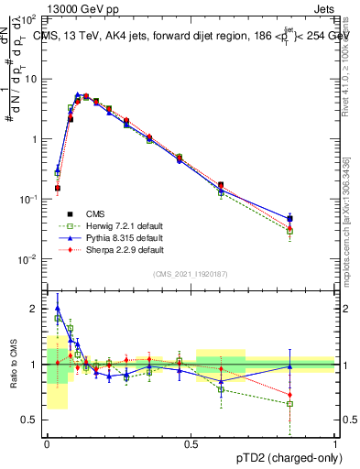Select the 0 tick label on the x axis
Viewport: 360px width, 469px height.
47,442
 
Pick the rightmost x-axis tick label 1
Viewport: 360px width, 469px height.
335,442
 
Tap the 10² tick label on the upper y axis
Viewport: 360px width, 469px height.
29,19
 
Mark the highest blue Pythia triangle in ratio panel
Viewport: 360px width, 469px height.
58,309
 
